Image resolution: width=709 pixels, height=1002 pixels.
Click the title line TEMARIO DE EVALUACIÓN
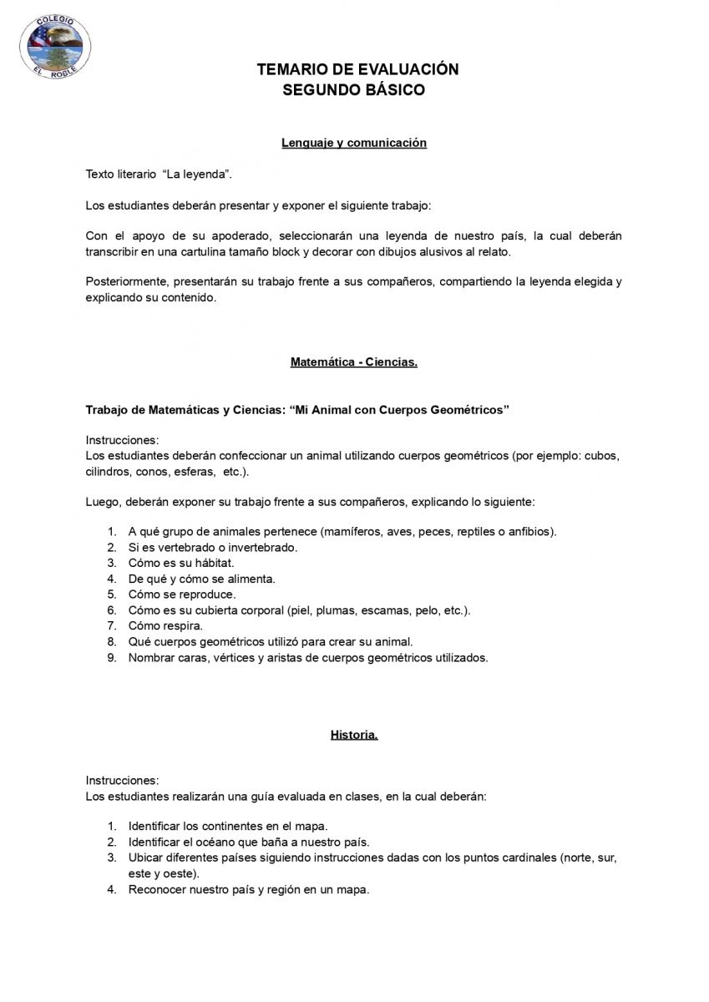358,70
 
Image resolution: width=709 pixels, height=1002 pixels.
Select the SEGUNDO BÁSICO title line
354,90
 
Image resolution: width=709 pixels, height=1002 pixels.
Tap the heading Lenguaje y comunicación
354,143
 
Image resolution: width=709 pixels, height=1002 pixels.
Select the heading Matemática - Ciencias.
354,362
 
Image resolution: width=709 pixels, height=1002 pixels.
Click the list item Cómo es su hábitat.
175,563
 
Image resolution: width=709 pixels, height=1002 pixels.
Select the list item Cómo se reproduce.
182,595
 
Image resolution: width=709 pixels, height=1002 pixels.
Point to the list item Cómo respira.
165,625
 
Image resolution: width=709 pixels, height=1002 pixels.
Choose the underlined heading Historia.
354,736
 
